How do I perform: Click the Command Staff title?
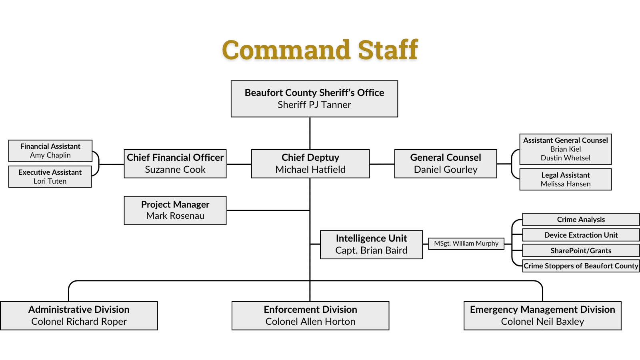[320, 50]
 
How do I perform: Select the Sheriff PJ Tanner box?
[314, 99]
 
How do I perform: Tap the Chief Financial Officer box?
[175, 164]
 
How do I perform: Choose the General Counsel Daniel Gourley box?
[446, 164]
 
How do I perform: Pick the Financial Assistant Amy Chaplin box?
[50, 151]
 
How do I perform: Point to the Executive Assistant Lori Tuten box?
[50, 177]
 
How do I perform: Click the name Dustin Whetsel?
[566, 158]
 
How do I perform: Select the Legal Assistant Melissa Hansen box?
[566, 180]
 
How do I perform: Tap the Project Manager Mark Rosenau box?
[175, 210]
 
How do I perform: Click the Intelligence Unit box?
[371, 245]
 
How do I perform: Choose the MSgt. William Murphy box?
[466, 244]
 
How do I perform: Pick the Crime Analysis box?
[581, 220]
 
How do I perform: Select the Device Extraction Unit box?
[581, 235]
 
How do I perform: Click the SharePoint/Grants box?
[581, 250]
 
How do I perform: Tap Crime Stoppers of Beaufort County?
[581, 266]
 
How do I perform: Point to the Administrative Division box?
[79, 316]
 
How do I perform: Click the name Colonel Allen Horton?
[310, 322]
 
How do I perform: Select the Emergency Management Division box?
[542, 316]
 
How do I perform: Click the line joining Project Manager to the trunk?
[268, 210]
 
